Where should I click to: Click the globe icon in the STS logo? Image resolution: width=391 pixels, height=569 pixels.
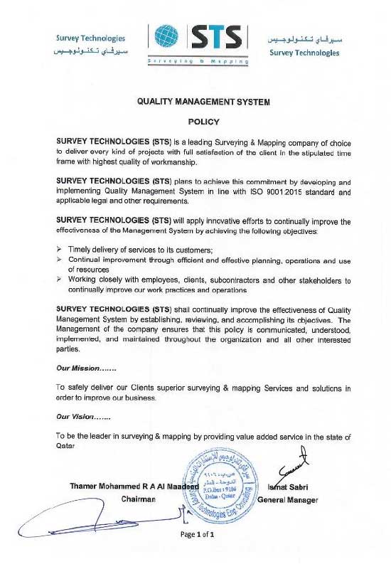pyautogui.click(x=166, y=37)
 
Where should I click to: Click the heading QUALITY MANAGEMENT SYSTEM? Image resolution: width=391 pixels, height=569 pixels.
pyautogui.click(x=203, y=102)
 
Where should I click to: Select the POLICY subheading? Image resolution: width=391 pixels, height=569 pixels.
pyautogui.click(x=203, y=122)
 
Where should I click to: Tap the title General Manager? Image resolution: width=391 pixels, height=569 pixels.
pyautogui.click(x=287, y=500)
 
